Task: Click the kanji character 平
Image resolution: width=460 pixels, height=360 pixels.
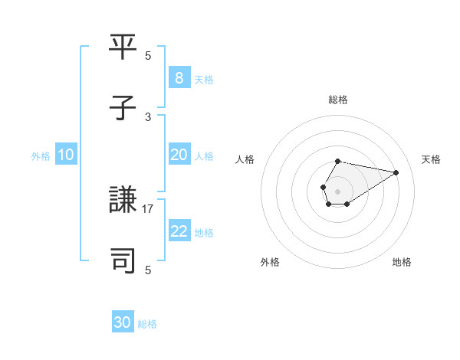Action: (123, 47)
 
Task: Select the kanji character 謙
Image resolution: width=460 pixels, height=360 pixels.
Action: (123, 201)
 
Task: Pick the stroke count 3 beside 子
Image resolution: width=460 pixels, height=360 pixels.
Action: (148, 116)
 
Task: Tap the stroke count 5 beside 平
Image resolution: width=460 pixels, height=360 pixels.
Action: (148, 56)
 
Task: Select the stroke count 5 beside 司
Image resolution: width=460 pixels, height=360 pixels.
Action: (148, 270)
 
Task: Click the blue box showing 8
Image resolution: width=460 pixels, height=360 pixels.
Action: (179, 77)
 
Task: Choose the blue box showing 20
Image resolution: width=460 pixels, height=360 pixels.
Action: (179, 155)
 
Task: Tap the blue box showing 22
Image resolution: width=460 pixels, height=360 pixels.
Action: (179, 231)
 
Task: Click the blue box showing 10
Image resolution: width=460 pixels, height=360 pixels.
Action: (65, 155)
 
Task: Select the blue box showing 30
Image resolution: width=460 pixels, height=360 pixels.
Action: (123, 322)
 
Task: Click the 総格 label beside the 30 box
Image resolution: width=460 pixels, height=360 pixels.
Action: (147, 324)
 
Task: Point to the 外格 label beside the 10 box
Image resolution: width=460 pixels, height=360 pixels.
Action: (41, 156)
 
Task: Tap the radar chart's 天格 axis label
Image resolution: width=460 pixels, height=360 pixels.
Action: (432, 159)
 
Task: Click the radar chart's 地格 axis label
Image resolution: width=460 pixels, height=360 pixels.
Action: (402, 262)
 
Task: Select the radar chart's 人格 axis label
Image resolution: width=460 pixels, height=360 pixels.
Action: (245, 159)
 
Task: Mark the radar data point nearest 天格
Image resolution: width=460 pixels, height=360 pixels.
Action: (396, 172)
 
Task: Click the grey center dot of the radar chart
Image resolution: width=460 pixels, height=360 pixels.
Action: (337, 190)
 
